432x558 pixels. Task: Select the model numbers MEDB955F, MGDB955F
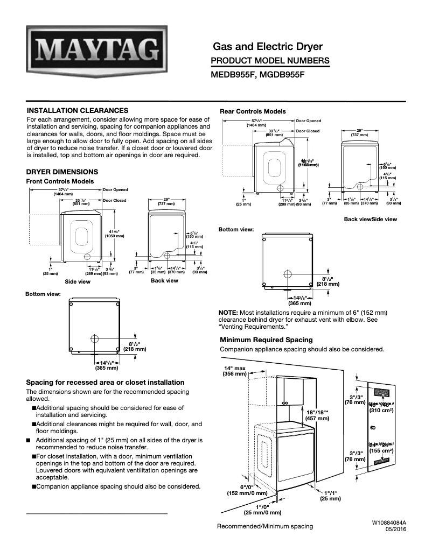point(257,75)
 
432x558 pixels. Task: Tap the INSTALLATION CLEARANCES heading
point(77,110)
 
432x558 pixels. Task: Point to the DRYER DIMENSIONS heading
point(62,172)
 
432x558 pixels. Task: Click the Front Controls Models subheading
point(60,181)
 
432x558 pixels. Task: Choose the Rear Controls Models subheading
point(253,111)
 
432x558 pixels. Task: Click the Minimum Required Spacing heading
point(266,340)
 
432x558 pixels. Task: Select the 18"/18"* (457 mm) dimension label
point(318,414)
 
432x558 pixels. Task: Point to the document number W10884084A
point(388,522)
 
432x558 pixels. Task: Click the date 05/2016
point(395,529)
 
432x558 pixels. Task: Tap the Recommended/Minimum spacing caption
point(264,526)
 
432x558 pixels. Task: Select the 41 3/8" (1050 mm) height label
point(116,233)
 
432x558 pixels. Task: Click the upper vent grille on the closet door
point(382,393)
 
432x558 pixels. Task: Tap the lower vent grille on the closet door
point(382,461)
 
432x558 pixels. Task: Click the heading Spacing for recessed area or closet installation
point(106,382)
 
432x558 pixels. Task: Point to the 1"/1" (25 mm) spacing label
point(329,496)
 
